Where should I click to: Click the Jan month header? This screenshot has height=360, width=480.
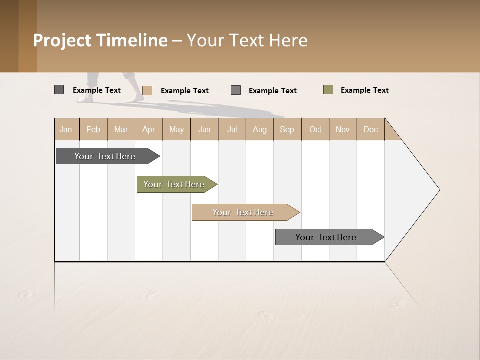click(66, 129)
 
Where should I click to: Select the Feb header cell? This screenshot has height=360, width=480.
click(93, 129)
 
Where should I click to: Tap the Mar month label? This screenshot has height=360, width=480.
click(121, 129)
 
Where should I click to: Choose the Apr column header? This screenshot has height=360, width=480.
click(149, 129)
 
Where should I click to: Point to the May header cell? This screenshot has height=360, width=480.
click(176, 129)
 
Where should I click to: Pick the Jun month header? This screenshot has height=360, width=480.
click(204, 129)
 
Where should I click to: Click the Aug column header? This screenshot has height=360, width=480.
click(260, 129)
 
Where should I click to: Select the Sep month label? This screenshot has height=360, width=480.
click(287, 129)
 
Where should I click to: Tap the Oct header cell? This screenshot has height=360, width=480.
click(315, 129)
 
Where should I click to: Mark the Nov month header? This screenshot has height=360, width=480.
click(343, 129)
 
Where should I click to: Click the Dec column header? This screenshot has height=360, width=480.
click(371, 129)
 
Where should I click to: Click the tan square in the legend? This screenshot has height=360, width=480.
click(147, 90)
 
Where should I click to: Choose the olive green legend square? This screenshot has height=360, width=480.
click(328, 90)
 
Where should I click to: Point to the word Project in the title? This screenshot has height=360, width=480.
click(62, 40)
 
